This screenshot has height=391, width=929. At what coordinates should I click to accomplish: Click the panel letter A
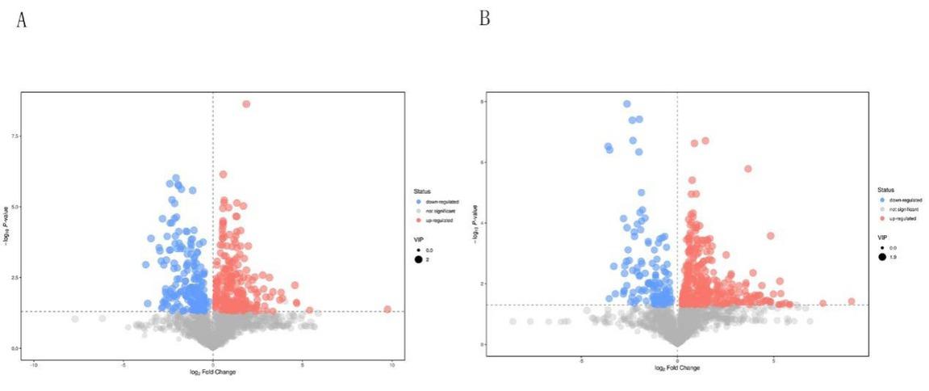[22, 20]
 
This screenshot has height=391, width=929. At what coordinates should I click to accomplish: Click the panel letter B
[484, 19]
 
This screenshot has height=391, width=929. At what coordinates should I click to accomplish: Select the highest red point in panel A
[246, 103]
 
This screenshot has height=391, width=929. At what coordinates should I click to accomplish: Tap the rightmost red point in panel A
[387, 309]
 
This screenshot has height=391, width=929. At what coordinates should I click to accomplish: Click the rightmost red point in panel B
[851, 301]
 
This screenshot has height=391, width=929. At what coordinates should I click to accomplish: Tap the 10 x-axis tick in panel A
[391, 364]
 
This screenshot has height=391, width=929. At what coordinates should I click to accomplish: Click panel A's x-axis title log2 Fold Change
[213, 372]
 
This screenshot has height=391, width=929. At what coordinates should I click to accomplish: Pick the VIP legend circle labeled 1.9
[883, 257]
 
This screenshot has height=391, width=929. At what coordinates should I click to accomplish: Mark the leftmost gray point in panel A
[75, 319]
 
